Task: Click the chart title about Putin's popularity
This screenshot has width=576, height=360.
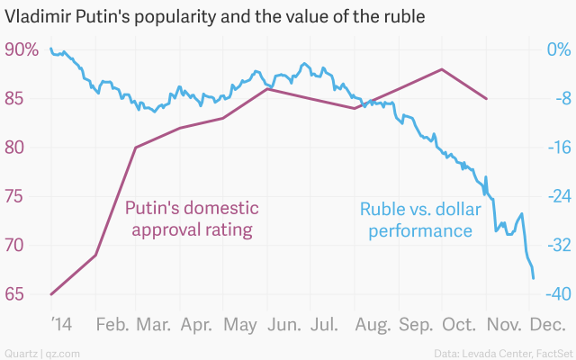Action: pyautogui.click(x=215, y=17)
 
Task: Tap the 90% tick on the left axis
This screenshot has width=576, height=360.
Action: pyautogui.click(x=22, y=50)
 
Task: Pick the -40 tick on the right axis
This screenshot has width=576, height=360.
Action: pyautogui.click(x=556, y=294)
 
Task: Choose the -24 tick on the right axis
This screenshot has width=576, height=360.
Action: pyautogui.click(x=556, y=196)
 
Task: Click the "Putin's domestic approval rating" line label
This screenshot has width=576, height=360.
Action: pyautogui.click(x=192, y=219)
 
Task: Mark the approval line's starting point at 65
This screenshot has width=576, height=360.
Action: pyautogui.click(x=50, y=294)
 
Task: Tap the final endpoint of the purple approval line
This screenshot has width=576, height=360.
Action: pyautogui.click(x=487, y=98)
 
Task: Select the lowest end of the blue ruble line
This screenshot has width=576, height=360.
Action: pyautogui.click(x=535, y=278)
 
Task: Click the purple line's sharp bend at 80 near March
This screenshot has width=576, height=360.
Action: pyautogui.click(x=135, y=148)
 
